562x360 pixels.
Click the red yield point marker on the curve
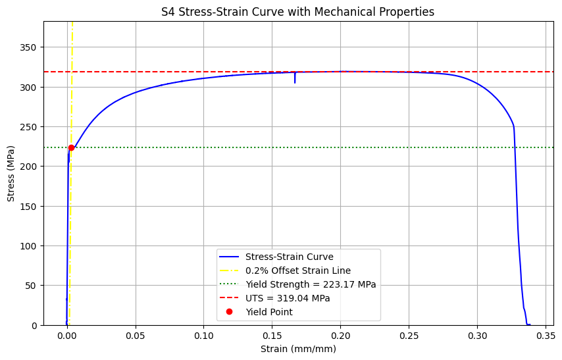tap(71, 147)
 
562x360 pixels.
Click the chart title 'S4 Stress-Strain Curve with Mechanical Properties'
tap(297, 12)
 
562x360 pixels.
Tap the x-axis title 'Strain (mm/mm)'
tap(298, 349)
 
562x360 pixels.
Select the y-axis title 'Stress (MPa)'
tap(11, 174)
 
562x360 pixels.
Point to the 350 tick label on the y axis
tap(28, 47)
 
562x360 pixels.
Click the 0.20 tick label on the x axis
tap(340, 336)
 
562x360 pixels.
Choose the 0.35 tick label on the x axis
tap(546, 336)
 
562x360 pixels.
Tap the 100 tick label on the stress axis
tap(28, 246)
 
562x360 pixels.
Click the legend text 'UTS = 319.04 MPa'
tap(288, 298)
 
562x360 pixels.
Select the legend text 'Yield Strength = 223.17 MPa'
tap(311, 284)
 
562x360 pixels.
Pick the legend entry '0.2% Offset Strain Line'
tap(298, 270)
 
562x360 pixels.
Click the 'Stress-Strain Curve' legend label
tap(290, 257)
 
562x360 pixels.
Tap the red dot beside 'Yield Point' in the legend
tap(230, 311)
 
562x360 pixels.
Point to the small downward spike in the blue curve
tap(295, 78)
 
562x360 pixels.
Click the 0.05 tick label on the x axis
tap(136, 336)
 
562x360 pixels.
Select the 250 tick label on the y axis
tap(28, 127)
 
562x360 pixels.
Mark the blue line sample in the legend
tap(229, 257)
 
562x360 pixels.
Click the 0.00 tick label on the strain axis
tap(67, 336)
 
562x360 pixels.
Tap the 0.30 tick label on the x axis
tap(477, 336)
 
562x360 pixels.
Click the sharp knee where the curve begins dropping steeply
tap(513, 126)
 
